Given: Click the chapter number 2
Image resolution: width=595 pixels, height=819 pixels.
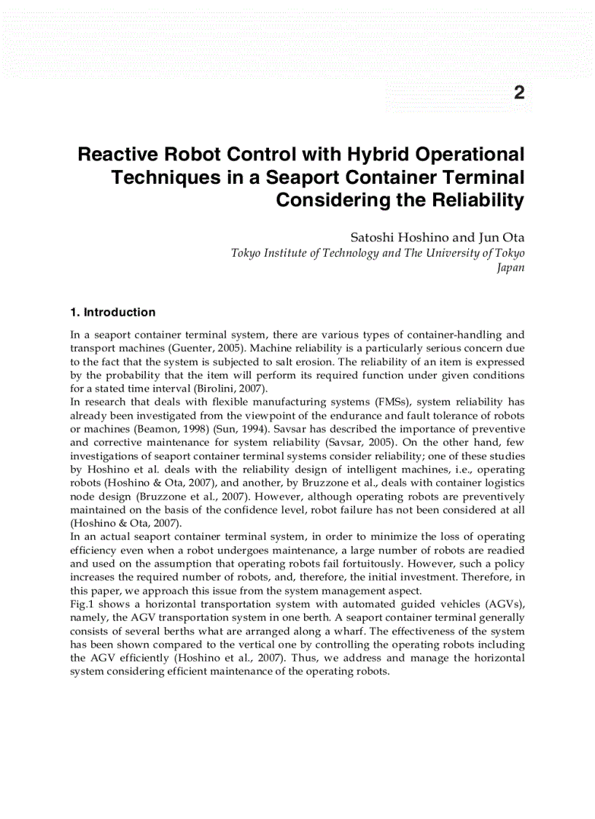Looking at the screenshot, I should tap(518, 93).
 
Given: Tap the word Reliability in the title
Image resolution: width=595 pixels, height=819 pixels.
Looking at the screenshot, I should tap(481, 201).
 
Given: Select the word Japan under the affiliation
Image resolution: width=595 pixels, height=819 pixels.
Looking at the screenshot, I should tap(510, 267).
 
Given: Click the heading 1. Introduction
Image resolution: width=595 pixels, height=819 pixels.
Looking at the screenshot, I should tap(112, 312).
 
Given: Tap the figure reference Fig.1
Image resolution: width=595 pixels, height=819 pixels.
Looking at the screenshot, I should tap(83, 604).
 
